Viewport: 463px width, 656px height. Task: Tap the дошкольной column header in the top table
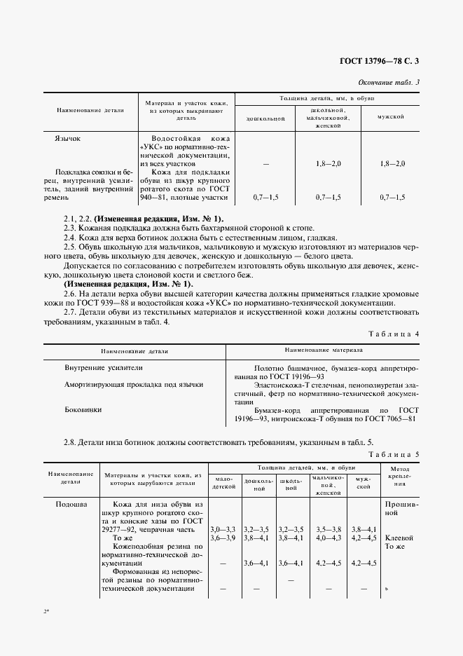click(265, 118)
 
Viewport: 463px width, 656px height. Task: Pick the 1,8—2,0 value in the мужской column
click(392, 163)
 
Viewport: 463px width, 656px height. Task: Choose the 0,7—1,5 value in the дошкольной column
click(265, 198)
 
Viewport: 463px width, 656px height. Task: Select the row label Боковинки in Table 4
click(83, 409)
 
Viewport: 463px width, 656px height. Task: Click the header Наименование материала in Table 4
click(323, 349)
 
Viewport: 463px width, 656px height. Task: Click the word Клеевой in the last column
click(399, 538)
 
